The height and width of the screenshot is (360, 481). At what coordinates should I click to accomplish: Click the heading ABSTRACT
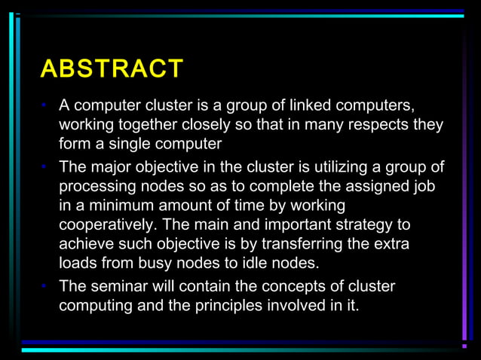(x=111, y=69)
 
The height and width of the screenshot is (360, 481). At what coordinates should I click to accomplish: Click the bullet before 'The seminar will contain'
(x=46, y=286)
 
